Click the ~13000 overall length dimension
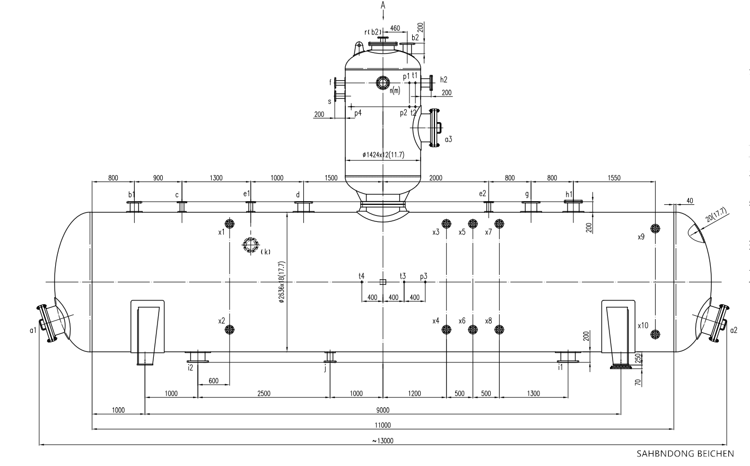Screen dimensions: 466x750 [x=382, y=441]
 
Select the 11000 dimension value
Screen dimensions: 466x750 [x=382, y=425]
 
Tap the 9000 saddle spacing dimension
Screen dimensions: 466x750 [x=382, y=409]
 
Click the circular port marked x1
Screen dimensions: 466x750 [x=230, y=223]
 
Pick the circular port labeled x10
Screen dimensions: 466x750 [x=656, y=334]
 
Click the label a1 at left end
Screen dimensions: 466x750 [x=33, y=330]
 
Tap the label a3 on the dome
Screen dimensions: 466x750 [x=448, y=139]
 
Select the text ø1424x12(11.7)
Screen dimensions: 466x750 [x=383, y=154]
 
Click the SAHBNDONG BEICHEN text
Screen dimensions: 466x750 [x=685, y=454]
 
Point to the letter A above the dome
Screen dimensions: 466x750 [x=382, y=5]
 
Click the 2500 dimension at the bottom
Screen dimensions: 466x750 [x=264, y=393]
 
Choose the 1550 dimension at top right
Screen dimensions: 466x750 [x=614, y=178]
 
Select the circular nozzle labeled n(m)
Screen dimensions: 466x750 [x=382, y=82]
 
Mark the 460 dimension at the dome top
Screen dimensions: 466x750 [x=395, y=28]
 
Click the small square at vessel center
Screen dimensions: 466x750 [x=382, y=282]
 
